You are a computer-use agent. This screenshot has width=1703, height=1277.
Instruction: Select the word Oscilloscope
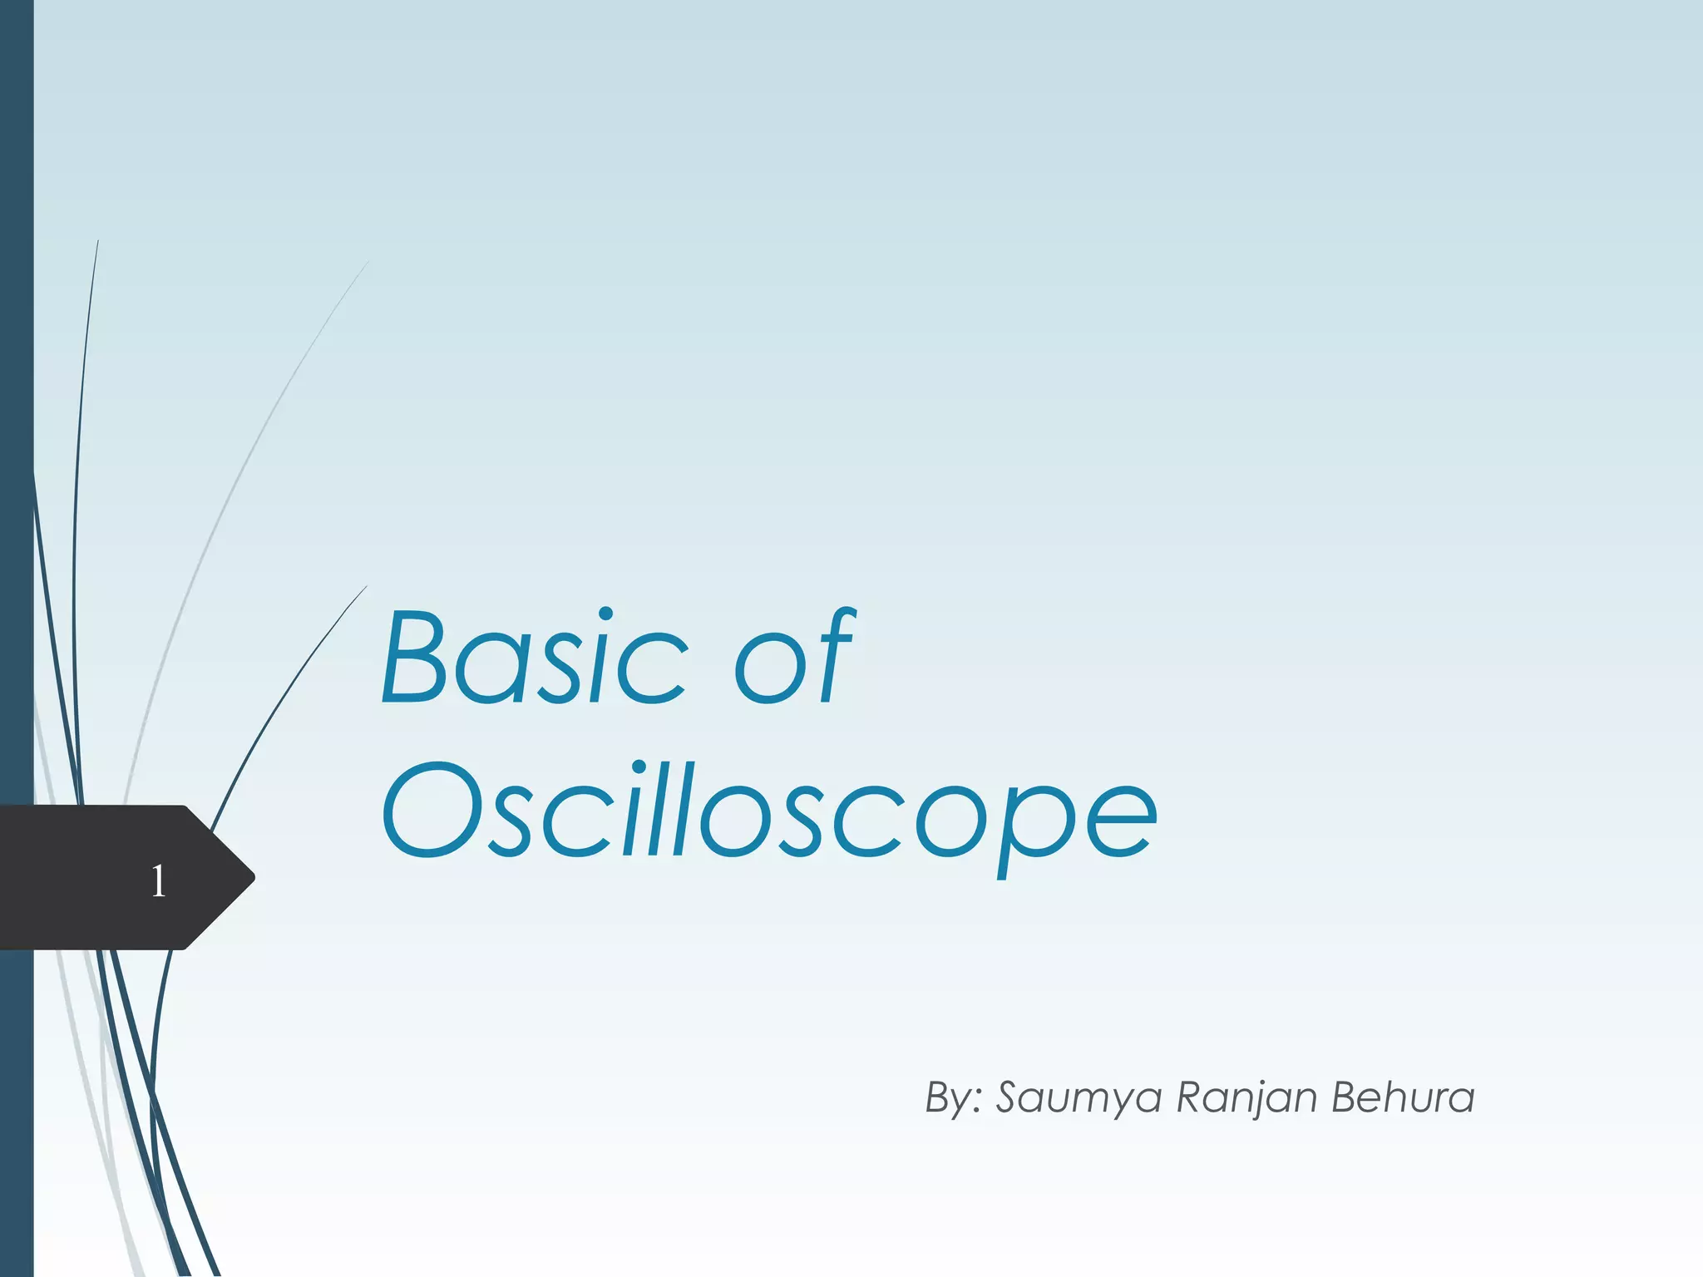(768, 811)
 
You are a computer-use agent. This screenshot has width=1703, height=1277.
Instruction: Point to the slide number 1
(158, 881)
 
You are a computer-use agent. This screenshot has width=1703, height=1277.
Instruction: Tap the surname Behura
(1403, 1097)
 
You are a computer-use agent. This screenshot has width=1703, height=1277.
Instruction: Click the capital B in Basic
(413, 658)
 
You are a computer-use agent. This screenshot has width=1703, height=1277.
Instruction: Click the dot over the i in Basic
(606, 615)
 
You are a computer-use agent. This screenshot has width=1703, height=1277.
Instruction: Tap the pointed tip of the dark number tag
(251, 877)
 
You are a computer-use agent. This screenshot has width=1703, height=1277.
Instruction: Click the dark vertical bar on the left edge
(17, 416)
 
